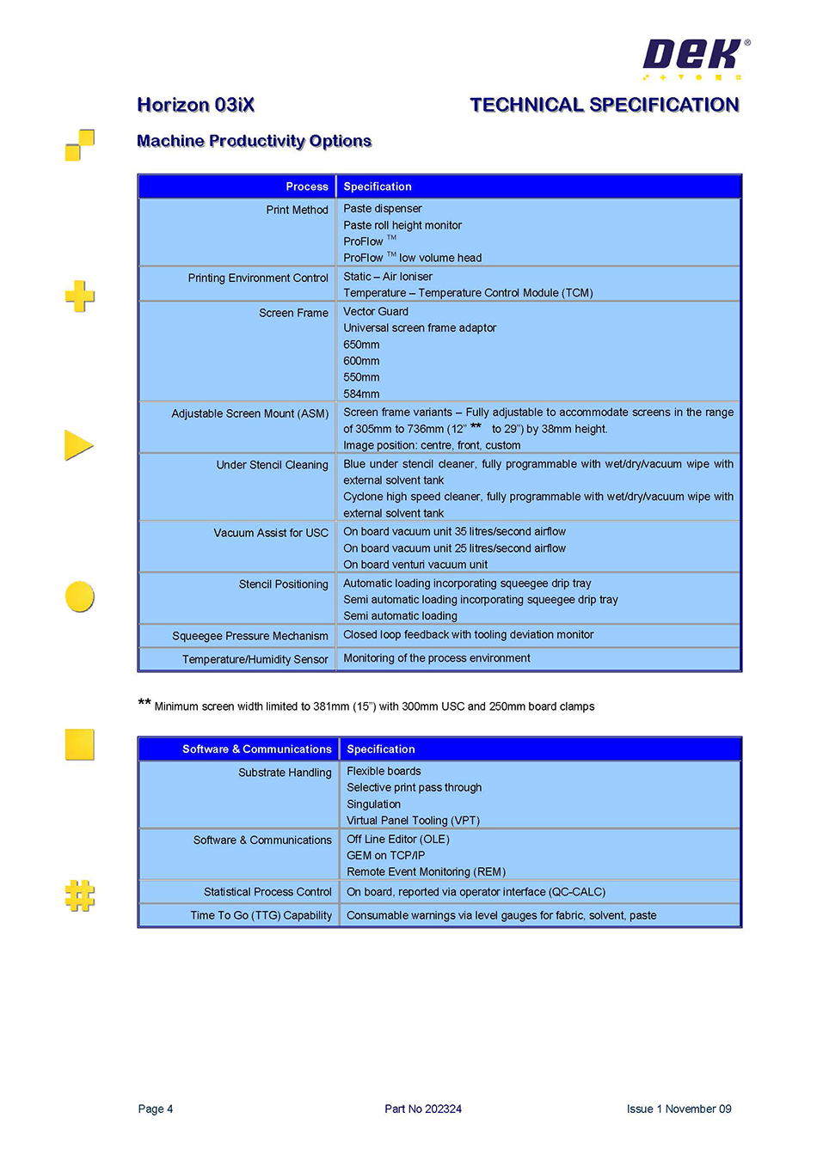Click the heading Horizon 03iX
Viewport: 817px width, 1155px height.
[196, 105]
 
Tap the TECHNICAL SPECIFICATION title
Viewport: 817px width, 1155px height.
[604, 105]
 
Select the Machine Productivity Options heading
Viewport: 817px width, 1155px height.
[254, 141]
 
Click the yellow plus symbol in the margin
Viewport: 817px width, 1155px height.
[80, 296]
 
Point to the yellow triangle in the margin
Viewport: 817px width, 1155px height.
[77, 445]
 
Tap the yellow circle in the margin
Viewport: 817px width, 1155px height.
[80, 596]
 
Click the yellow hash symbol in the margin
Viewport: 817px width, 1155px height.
[80, 895]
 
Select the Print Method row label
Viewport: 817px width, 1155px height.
[297, 210]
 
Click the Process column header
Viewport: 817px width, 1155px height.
[307, 186]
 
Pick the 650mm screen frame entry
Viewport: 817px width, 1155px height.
[361, 345]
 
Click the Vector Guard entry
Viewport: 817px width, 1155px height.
[376, 311]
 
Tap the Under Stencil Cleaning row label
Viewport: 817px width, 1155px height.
[272, 465]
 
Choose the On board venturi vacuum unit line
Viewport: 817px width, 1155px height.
[415, 565]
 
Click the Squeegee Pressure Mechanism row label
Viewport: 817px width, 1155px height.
[249, 636]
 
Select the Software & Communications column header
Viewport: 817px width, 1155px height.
[256, 749]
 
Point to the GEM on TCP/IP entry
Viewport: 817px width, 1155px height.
[385, 855]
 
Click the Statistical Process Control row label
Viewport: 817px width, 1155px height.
[267, 892]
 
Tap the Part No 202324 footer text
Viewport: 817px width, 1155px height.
[423, 1109]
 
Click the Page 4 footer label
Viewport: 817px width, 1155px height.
[156, 1109]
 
